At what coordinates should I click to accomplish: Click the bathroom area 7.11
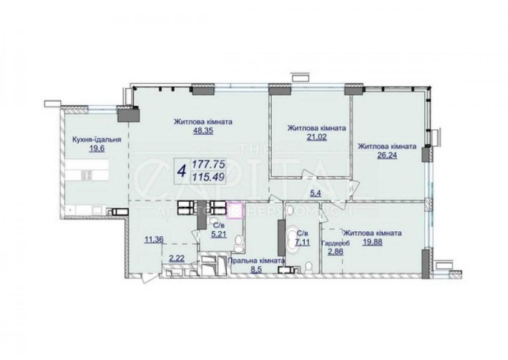tap(303, 242)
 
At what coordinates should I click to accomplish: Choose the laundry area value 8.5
tap(254, 271)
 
